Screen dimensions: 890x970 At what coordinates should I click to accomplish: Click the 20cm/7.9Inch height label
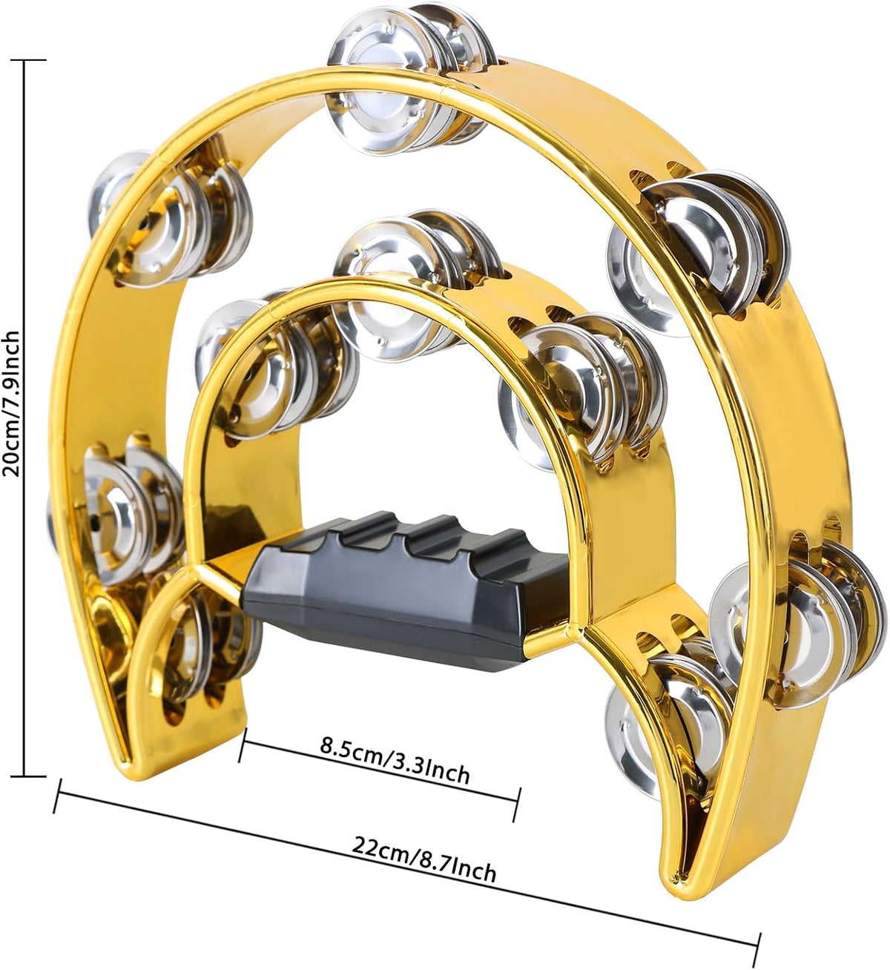tap(10, 403)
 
